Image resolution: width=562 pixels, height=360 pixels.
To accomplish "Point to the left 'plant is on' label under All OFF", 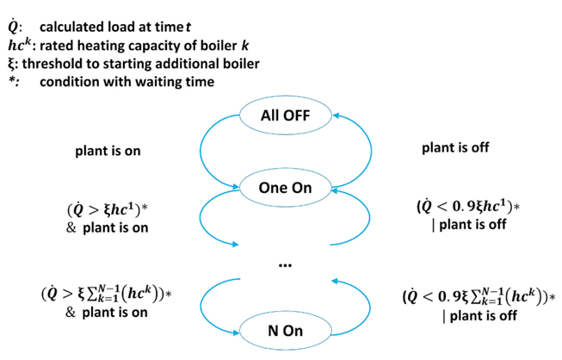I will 108,151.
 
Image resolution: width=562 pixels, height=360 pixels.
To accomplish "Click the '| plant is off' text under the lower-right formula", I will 476,315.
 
